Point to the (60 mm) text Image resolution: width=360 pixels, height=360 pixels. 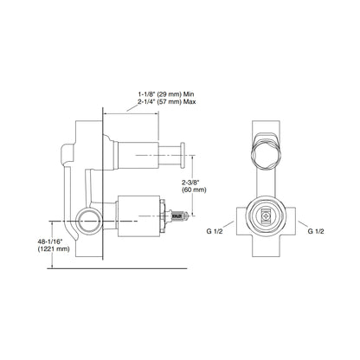coord(193,192)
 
